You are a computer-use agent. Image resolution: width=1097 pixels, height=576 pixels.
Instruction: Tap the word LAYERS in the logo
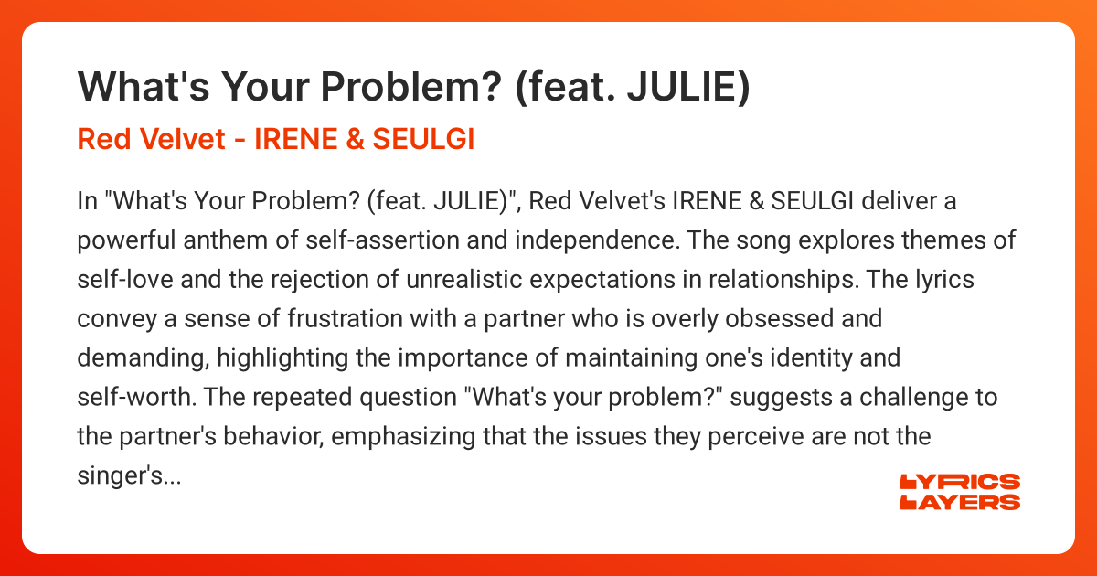coord(960,502)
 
